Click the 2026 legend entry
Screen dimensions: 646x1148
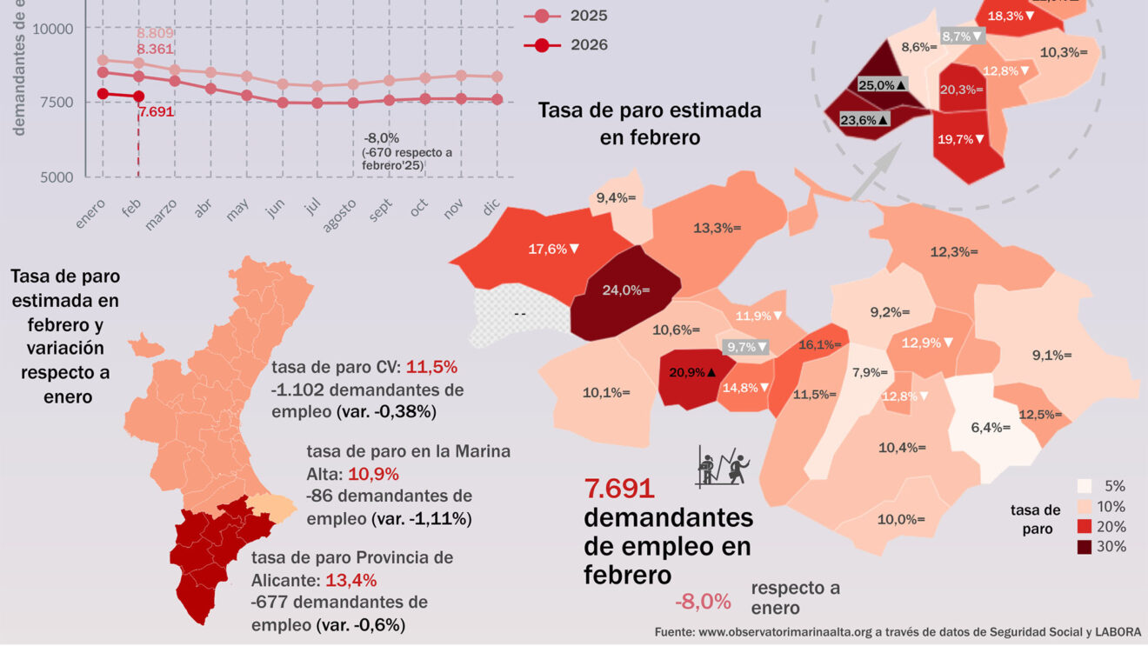click(574, 45)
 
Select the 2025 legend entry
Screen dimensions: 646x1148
click(574, 16)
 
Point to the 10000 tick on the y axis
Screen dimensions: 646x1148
click(53, 29)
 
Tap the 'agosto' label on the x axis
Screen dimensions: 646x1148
click(341, 215)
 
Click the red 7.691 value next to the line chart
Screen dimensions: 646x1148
click(157, 111)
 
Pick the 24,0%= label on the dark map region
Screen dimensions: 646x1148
click(626, 290)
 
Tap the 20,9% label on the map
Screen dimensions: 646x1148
click(692, 372)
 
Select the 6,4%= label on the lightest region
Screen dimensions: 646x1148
click(991, 428)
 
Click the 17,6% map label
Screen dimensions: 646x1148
click(554, 249)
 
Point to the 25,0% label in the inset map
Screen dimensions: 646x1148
click(883, 84)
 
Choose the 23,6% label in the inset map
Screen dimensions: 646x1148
click(864, 120)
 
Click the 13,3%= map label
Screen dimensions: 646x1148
click(717, 228)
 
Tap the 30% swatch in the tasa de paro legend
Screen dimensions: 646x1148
click(1085, 547)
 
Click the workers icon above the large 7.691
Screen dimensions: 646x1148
click(722, 466)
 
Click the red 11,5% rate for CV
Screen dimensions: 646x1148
click(431, 366)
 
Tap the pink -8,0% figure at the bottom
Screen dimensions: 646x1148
click(702, 601)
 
